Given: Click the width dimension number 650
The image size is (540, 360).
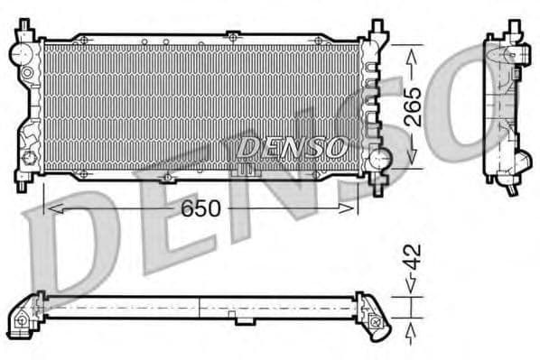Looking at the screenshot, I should pyautogui.click(x=201, y=208).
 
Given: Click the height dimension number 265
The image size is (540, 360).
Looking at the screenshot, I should pyautogui.click(x=413, y=106).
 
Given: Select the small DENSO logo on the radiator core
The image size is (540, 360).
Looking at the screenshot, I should pyautogui.click(x=292, y=144).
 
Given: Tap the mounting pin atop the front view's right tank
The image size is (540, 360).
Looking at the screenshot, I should pyautogui.click(x=372, y=28).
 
